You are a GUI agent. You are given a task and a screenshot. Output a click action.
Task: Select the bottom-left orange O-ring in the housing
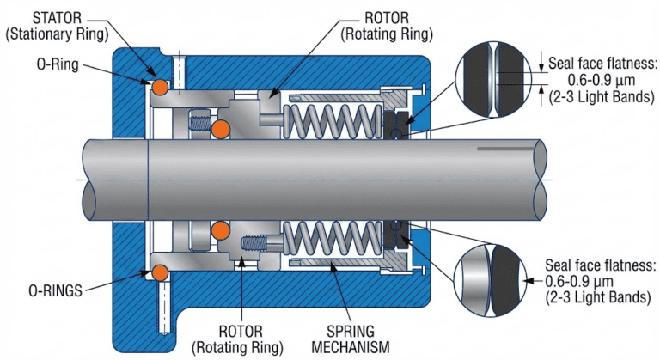pos(159,272)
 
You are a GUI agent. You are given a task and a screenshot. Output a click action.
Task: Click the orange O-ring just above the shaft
pos(221,129)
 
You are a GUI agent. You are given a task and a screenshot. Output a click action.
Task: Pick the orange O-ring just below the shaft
pos(221,230)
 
